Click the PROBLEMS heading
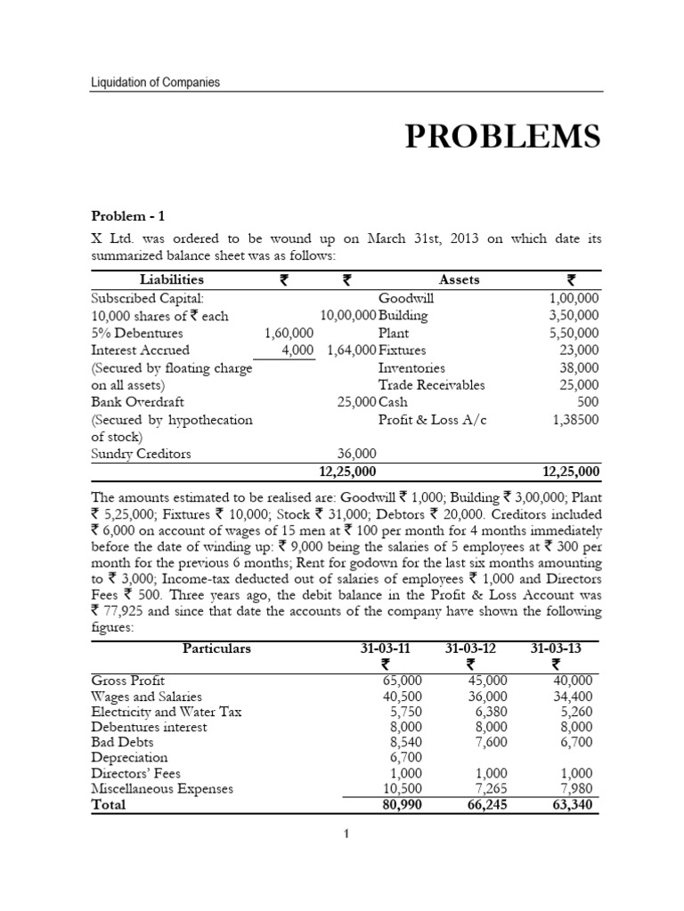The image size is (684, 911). pos(502,137)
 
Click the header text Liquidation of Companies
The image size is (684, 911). pos(156,83)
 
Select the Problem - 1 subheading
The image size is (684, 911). pos(128,215)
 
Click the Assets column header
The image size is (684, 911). pos(459,279)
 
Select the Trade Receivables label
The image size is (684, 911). pos(432,384)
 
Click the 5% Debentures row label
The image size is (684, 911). pos(137,333)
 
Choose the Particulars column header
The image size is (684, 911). pos(216,648)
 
